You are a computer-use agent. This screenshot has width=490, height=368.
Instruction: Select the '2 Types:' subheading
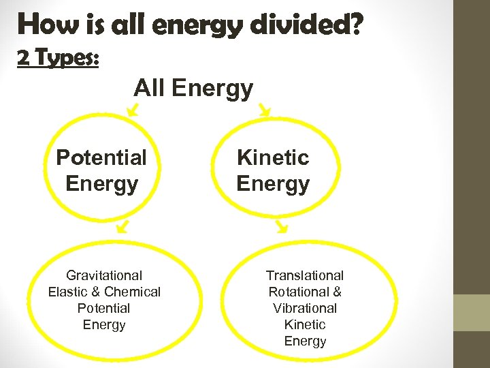[58, 59]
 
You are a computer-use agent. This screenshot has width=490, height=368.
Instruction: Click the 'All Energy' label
[193, 88]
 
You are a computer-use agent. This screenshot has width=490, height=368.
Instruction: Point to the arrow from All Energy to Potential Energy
[133, 108]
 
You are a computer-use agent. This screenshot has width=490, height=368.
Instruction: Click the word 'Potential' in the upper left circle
[101, 157]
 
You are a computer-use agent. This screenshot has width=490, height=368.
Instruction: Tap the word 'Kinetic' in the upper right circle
[273, 157]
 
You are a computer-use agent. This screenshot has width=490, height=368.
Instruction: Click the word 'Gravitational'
[104, 275]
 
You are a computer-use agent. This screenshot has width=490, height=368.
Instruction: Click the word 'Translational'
[305, 275]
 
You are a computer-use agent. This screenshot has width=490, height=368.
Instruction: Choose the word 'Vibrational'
[305, 308]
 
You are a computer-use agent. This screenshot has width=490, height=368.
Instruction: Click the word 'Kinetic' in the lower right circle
[305, 324]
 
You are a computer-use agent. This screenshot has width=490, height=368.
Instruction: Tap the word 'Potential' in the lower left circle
[104, 308]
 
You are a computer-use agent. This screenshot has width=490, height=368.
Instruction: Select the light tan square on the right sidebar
[472, 312]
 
